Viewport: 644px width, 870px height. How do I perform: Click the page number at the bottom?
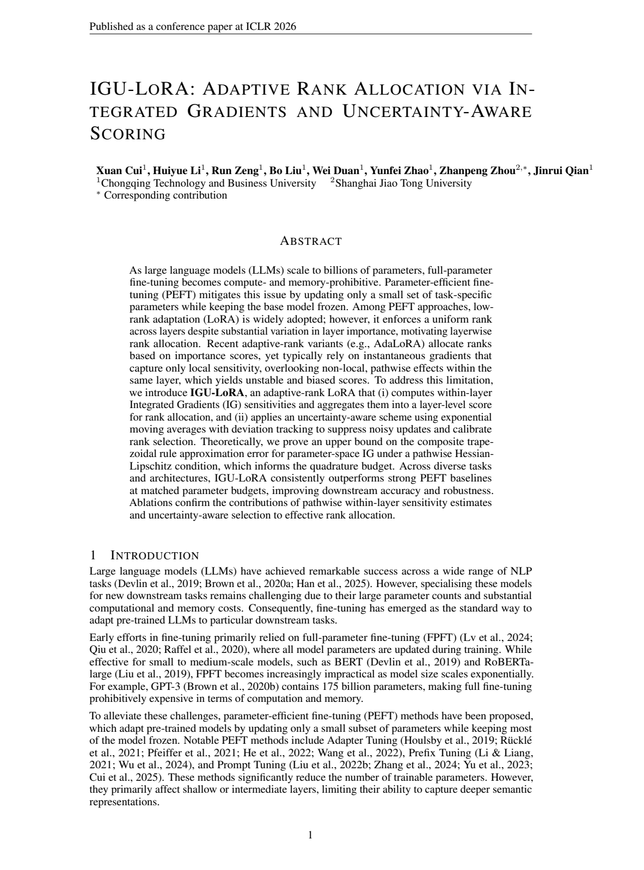tap(310, 835)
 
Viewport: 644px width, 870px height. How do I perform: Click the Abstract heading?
tap(310, 241)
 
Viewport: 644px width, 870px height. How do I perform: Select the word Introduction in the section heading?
tap(155, 556)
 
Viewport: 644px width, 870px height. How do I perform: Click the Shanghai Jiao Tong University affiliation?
tap(403, 183)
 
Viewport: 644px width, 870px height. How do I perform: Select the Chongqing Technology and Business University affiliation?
tap(208, 183)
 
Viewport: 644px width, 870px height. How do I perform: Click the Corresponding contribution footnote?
tap(165, 195)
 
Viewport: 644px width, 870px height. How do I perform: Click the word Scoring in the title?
tap(127, 134)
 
